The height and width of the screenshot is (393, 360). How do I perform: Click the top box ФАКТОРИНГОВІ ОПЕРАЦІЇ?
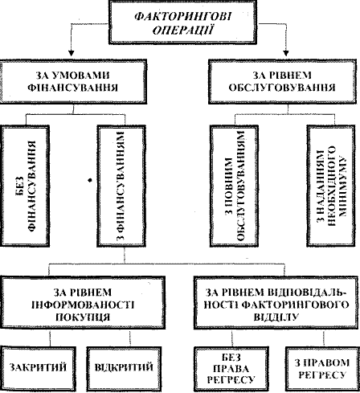point(182,22)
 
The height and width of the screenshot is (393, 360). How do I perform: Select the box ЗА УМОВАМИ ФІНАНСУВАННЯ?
point(73,81)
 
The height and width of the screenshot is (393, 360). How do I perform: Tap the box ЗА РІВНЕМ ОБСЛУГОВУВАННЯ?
point(284,81)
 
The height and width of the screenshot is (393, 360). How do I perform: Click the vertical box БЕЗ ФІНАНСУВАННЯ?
point(25,186)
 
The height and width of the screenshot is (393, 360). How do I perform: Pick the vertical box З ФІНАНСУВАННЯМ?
point(121,186)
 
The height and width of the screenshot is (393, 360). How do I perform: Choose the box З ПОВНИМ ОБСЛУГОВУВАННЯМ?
point(234,186)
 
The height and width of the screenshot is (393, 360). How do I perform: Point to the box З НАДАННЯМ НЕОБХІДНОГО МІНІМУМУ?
point(332,186)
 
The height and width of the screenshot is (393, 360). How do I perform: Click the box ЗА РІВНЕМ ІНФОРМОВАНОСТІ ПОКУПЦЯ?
point(83,303)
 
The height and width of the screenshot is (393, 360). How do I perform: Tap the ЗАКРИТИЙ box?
point(38,367)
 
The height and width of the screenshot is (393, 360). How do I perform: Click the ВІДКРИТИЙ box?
point(124,367)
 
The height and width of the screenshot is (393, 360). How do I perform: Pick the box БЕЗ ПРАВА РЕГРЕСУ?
point(231,368)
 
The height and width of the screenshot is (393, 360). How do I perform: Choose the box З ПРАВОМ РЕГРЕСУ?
point(322,368)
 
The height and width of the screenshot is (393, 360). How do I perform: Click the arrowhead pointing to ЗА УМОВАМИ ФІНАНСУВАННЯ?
point(71,53)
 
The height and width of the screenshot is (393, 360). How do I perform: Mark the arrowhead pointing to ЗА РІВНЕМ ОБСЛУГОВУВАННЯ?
point(286,53)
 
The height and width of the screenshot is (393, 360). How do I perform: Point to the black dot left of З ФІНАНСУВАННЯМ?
point(90,180)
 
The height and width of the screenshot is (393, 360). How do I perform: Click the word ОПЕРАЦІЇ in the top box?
point(183,30)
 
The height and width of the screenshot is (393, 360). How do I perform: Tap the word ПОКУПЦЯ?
point(83,317)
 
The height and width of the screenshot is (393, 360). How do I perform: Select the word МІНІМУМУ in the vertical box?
point(342,186)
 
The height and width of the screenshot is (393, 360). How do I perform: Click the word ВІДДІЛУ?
point(276,317)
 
